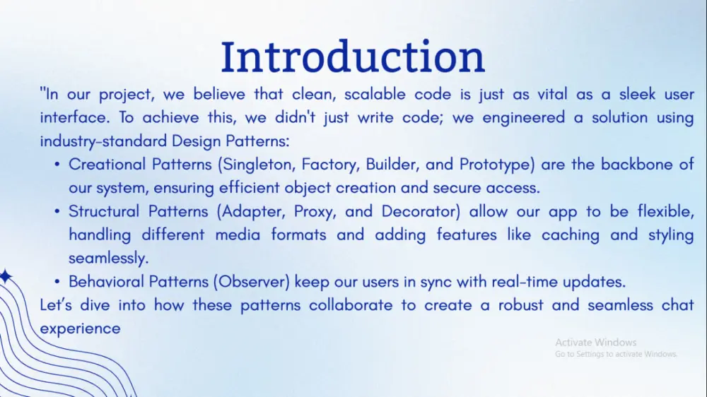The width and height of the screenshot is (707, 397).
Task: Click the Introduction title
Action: click(353, 57)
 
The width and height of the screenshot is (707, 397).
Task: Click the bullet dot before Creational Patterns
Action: click(57, 165)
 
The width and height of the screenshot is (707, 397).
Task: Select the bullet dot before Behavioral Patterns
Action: click(57, 283)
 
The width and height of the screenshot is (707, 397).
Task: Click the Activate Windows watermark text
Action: click(595, 342)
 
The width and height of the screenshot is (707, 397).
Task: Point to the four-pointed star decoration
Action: click(5, 277)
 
